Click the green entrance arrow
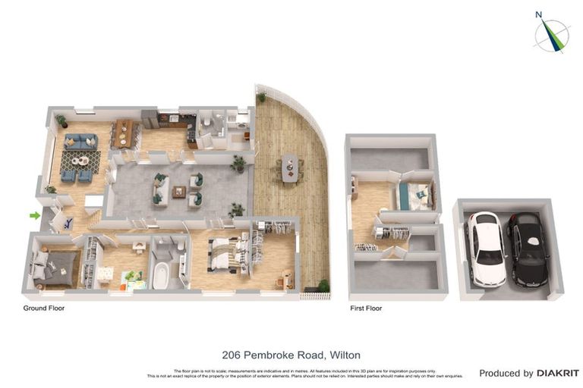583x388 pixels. click(x=34, y=216)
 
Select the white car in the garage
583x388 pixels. click(x=484, y=249)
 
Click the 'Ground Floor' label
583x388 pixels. click(x=44, y=308)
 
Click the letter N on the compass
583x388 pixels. click(x=538, y=14)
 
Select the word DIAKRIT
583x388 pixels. click(x=558, y=373)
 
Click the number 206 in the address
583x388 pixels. click(x=233, y=355)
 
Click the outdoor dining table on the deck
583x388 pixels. click(x=289, y=167)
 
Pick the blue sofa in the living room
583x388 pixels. click(x=80, y=141)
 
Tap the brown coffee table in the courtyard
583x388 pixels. click(x=178, y=191)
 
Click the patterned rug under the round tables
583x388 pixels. click(x=80, y=161)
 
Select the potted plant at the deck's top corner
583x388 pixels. click(x=261, y=97)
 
